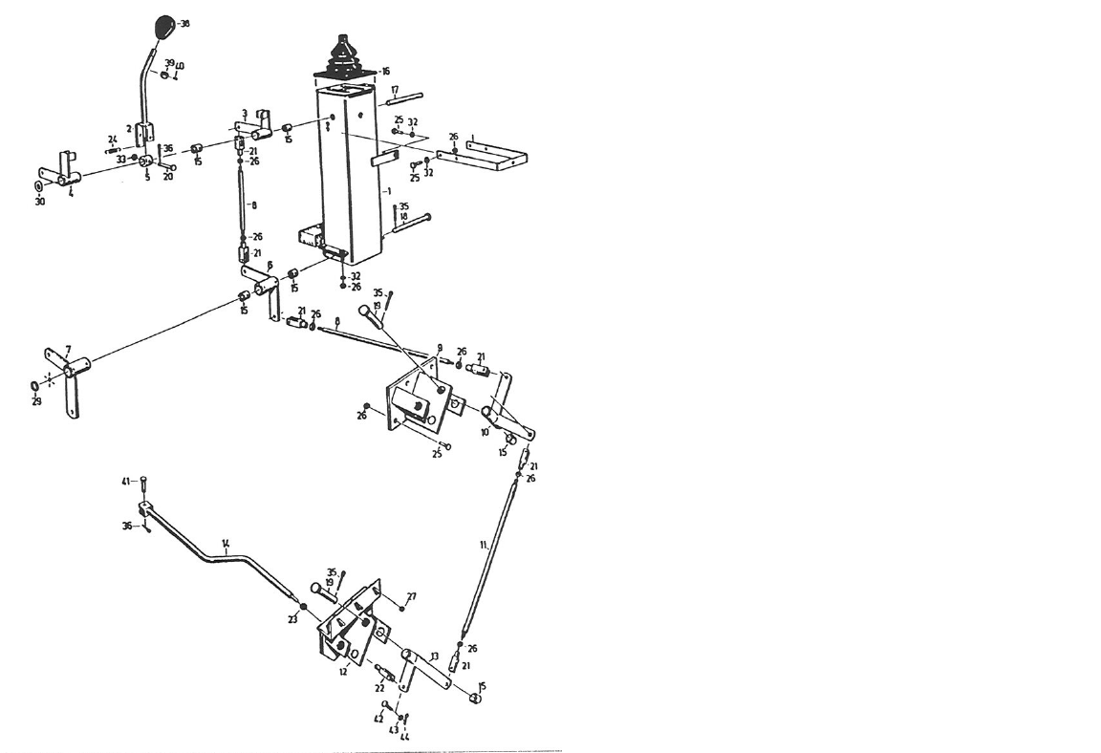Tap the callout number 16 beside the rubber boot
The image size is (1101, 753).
click(385, 71)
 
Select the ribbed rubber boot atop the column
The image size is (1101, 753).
click(343, 57)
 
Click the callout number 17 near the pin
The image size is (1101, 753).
click(394, 89)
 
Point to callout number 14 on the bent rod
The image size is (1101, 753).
click(226, 544)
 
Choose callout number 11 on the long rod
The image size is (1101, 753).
click(484, 545)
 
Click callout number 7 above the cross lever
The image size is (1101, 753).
click(68, 350)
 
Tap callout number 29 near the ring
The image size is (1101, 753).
click(36, 401)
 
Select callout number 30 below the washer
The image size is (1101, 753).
click(39, 202)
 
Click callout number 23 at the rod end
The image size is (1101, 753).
click(293, 619)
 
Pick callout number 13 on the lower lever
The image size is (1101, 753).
click(434, 656)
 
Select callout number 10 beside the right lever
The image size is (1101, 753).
click(485, 432)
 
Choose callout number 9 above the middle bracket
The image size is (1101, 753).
click(440, 346)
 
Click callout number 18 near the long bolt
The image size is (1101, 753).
click(403, 217)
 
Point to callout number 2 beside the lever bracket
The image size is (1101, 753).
click(128, 127)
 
